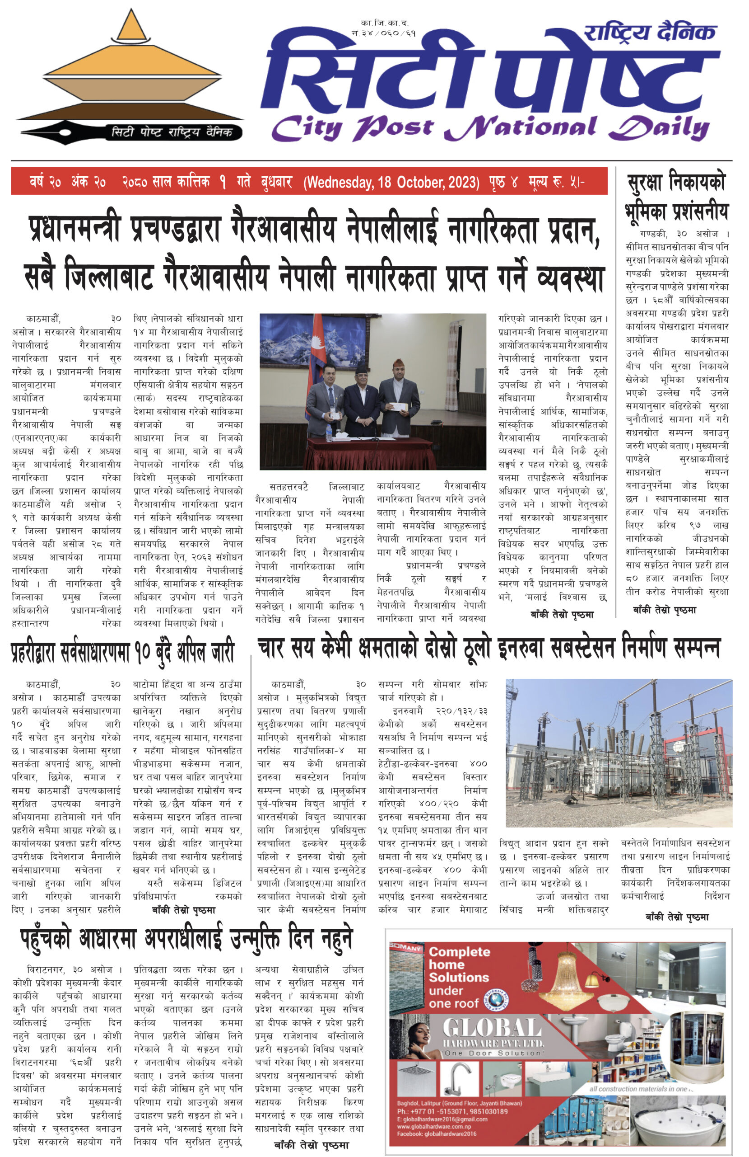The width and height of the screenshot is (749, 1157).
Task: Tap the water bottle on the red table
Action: (x=329, y=431)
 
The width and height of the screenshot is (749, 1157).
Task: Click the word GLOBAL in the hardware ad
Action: (x=492, y=1028)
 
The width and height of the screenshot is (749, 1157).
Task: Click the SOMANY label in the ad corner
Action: (x=406, y=947)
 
